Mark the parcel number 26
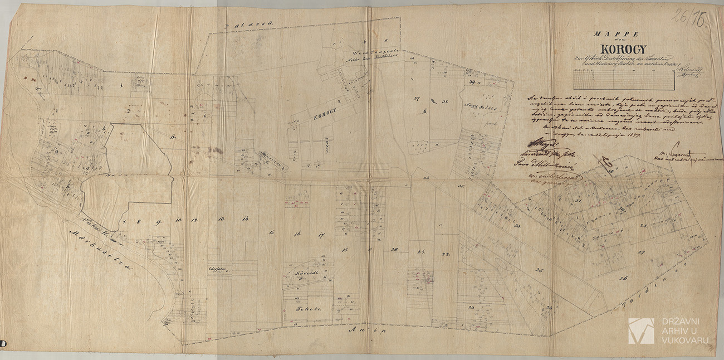click(x=622, y=278)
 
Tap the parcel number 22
click(x=446, y=255)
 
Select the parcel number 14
click(x=245, y=218)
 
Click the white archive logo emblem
click(x=640, y=330)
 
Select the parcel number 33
click(x=517, y=226)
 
